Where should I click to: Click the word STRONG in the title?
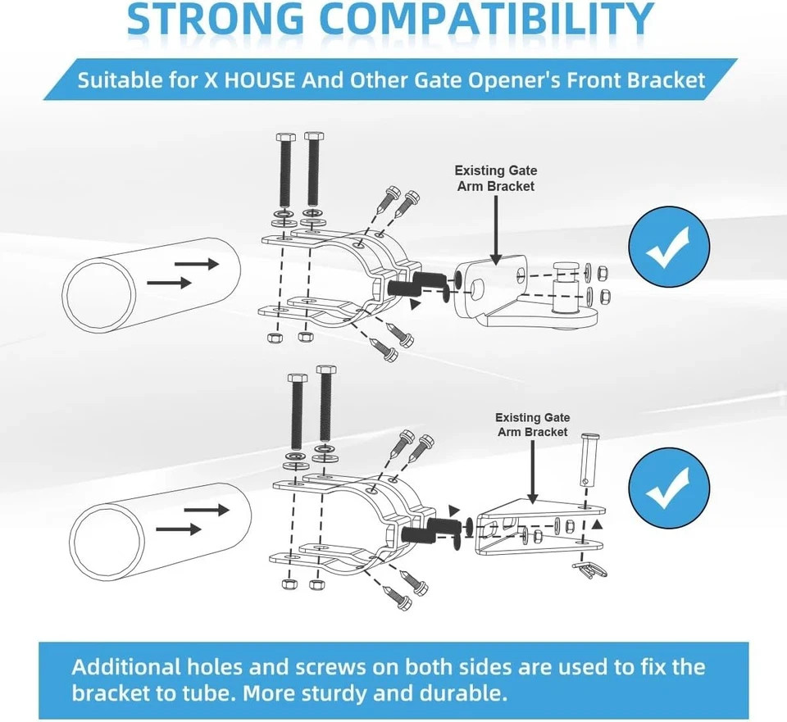coord(216,19)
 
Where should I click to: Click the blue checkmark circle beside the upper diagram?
coord(669,247)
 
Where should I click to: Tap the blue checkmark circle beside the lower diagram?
coord(669,488)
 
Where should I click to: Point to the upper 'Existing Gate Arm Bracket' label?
coord(496,178)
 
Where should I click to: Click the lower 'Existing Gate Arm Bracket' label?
coord(533,425)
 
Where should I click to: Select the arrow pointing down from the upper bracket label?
coord(496,229)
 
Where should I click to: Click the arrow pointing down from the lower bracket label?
coord(533,471)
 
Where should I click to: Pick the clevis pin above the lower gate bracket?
coord(587,460)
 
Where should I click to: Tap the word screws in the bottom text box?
coord(330,667)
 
